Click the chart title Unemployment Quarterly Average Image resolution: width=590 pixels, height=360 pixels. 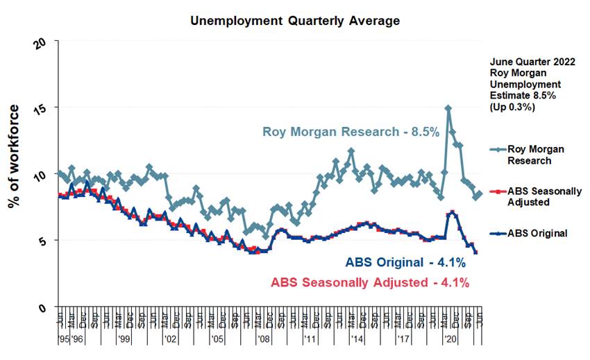point(295,21)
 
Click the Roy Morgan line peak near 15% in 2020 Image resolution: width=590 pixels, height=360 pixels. point(448,108)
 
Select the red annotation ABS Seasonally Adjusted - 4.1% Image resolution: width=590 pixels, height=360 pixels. point(370,282)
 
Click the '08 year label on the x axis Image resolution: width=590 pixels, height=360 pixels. point(264,340)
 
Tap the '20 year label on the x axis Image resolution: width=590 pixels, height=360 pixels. point(450,340)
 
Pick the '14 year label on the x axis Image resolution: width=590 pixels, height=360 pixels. point(357,340)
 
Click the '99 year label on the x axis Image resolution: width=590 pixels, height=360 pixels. point(124,340)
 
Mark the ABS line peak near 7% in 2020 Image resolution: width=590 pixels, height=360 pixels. point(453,212)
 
